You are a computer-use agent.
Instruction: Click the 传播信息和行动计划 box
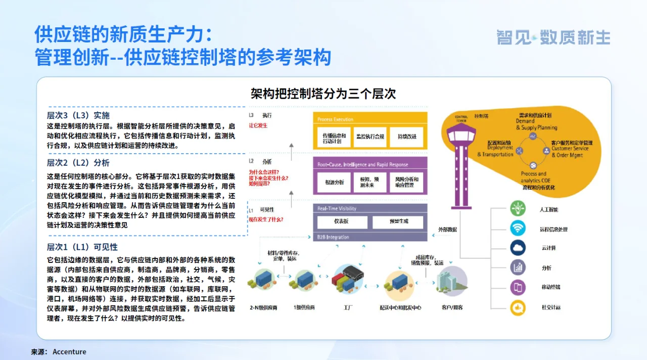tap(335, 138)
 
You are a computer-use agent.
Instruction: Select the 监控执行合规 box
tap(370, 137)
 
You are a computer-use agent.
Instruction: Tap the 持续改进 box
tap(406, 137)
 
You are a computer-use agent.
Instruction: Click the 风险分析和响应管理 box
tap(406, 183)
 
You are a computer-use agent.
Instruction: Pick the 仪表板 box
tap(341, 222)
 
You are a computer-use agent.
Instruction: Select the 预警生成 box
tap(398, 222)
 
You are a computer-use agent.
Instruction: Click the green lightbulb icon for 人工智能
tap(518, 209)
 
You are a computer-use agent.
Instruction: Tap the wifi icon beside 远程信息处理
tap(518, 229)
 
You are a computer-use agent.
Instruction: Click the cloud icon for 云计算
tap(518, 248)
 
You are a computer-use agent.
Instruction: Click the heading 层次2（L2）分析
tap(78, 163)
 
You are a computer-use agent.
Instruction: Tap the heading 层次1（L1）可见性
tap(82, 247)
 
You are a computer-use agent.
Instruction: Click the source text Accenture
tap(69, 352)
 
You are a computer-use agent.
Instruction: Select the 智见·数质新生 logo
tap(553, 37)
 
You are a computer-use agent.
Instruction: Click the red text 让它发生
tap(258, 125)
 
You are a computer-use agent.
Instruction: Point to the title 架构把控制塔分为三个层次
tap(323, 94)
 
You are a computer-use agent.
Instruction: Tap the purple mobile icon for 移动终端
tap(518, 288)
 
